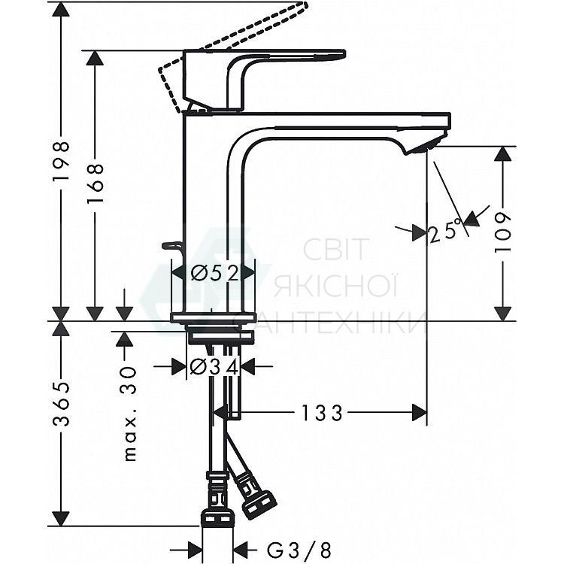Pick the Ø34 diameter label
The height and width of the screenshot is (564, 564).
pyautogui.click(x=214, y=367)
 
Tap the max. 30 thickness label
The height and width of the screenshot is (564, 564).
pyautogui.click(x=129, y=413)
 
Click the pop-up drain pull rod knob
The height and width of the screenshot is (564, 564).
pyautogui.click(x=172, y=245)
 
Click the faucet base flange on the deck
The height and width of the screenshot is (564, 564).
pyautogui.click(x=214, y=317)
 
